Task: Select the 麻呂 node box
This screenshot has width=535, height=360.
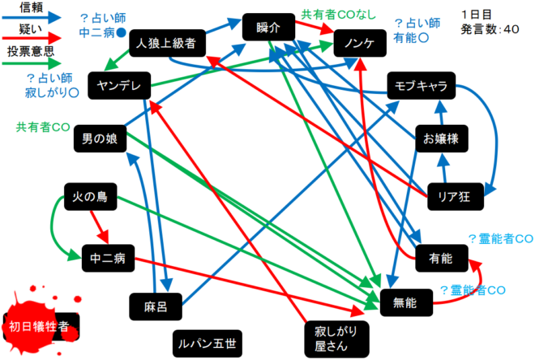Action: tap(155, 306)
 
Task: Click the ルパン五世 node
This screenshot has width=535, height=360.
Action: tap(208, 344)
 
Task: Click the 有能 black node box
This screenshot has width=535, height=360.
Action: tap(441, 258)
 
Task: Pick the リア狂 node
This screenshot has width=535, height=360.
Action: tap(454, 195)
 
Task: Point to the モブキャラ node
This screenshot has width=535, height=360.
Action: tap(420, 85)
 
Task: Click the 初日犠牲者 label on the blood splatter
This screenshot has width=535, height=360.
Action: tap(39, 327)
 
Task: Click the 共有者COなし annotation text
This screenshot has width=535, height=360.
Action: tap(334, 14)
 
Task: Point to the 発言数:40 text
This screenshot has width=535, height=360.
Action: tap(490, 30)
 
